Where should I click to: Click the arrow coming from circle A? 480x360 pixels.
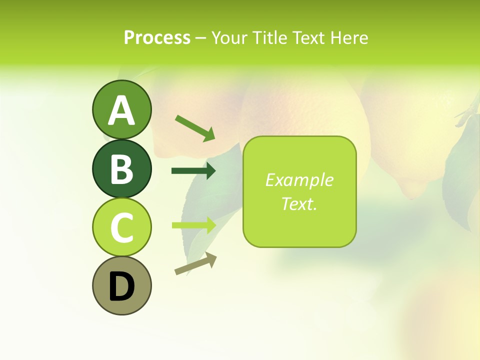pyautogui.click(x=195, y=127)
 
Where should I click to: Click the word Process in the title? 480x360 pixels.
pyautogui.click(x=157, y=37)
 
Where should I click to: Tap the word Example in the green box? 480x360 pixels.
pyautogui.click(x=299, y=180)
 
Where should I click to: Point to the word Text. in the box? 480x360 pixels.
pyautogui.click(x=299, y=203)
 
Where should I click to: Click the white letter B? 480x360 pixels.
pyautogui.click(x=121, y=169)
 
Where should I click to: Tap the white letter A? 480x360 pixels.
pyautogui.click(x=121, y=110)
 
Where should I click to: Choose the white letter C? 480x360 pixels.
pyautogui.click(x=121, y=227)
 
